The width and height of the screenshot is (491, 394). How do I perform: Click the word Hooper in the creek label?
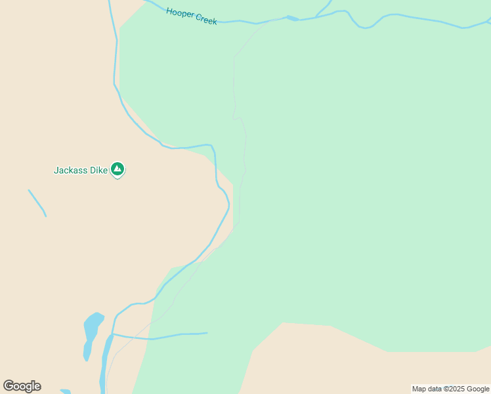[181, 13]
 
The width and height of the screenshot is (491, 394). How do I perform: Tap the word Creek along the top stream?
[207, 20]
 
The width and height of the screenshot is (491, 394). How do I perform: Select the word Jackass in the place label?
[71, 171]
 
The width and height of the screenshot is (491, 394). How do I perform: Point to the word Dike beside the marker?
[99, 171]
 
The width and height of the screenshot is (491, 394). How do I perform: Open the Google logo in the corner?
[22, 386]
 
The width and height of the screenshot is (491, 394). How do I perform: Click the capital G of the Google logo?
[9, 386]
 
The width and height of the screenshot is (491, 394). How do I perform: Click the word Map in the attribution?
[419, 389]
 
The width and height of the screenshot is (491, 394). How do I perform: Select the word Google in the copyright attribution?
[479, 389]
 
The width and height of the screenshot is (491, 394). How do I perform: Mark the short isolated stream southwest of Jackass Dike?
[37, 202]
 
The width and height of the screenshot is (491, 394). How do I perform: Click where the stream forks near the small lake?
[113, 334]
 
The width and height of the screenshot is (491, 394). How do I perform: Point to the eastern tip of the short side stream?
[207, 333]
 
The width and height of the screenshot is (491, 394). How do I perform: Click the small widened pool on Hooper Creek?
[292, 18]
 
